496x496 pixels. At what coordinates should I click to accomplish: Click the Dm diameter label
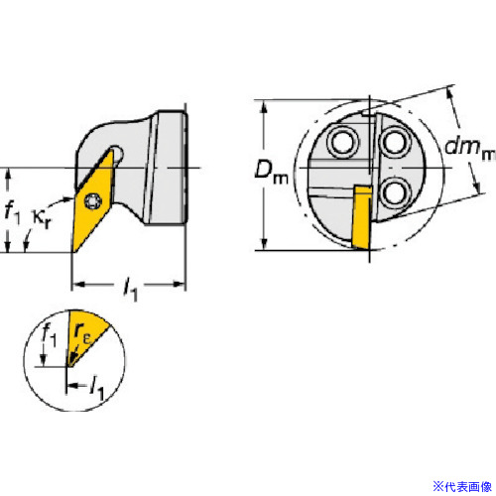click(271, 173)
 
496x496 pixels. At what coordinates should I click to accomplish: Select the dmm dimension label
click(469, 148)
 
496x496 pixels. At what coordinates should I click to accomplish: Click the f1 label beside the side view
click(13, 212)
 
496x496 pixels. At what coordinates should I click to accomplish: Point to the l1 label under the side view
click(130, 290)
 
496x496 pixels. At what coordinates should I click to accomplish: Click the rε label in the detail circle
click(82, 333)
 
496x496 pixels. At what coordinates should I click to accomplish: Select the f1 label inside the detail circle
click(49, 335)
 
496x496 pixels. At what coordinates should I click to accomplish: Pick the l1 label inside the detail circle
click(97, 388)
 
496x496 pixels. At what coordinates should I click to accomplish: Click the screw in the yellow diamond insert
click(91, 200)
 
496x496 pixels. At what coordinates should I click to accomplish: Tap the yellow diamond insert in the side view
click(93, 201)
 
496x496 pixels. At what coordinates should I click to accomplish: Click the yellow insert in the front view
click(362, 216)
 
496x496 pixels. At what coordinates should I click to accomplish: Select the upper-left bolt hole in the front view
click(343, 143)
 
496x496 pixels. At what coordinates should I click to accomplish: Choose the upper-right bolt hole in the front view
click(394, 143)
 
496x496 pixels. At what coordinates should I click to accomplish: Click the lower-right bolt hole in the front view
click(394, 192)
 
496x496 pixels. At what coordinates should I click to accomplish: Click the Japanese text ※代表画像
click(462, 486)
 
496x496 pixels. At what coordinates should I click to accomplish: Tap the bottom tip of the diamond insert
click(72, 253)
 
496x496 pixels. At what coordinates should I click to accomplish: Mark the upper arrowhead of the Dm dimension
click(264, 106)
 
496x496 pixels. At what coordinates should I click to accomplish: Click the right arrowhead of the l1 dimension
click(179, 284)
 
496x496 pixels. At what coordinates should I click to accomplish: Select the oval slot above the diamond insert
click(118, 154)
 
